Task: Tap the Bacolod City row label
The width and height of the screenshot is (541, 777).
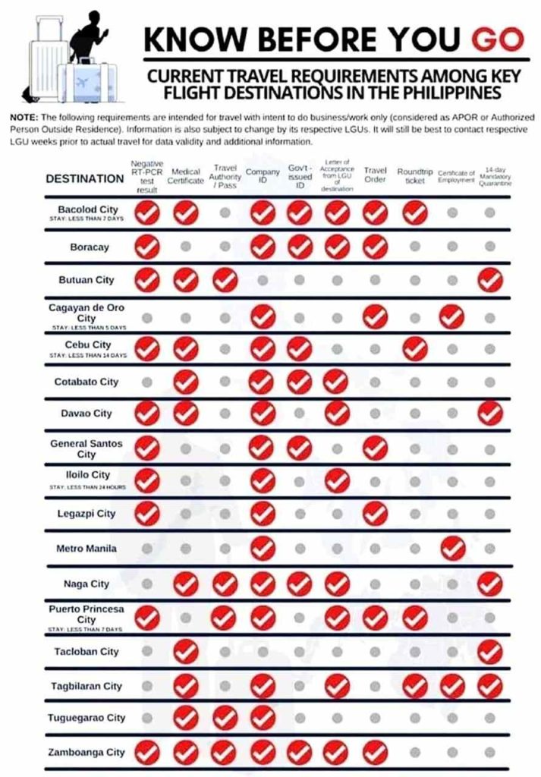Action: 88,209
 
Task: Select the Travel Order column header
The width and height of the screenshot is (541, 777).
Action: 376,175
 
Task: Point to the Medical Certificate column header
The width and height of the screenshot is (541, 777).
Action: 186,176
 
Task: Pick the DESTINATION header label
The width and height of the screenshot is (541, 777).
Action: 85,179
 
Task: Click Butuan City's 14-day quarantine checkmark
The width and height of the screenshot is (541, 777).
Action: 490,280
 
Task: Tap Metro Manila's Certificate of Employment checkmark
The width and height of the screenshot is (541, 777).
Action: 452,547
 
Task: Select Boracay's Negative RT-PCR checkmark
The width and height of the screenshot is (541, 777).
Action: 147,247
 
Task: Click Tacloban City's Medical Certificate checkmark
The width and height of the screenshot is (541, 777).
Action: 186,651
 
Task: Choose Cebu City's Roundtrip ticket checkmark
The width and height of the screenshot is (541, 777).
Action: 414,349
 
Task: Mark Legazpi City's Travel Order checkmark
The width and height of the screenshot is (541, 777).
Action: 376,514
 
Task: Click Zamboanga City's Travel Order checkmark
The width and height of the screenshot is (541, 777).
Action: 376,753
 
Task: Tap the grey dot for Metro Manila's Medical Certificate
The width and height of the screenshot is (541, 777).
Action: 186,548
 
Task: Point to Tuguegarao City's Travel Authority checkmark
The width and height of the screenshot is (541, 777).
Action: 225,718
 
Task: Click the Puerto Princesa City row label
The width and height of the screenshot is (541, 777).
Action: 86,614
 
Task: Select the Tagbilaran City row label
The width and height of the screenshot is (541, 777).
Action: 88,686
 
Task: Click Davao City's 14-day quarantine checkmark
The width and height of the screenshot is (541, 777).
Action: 490,414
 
